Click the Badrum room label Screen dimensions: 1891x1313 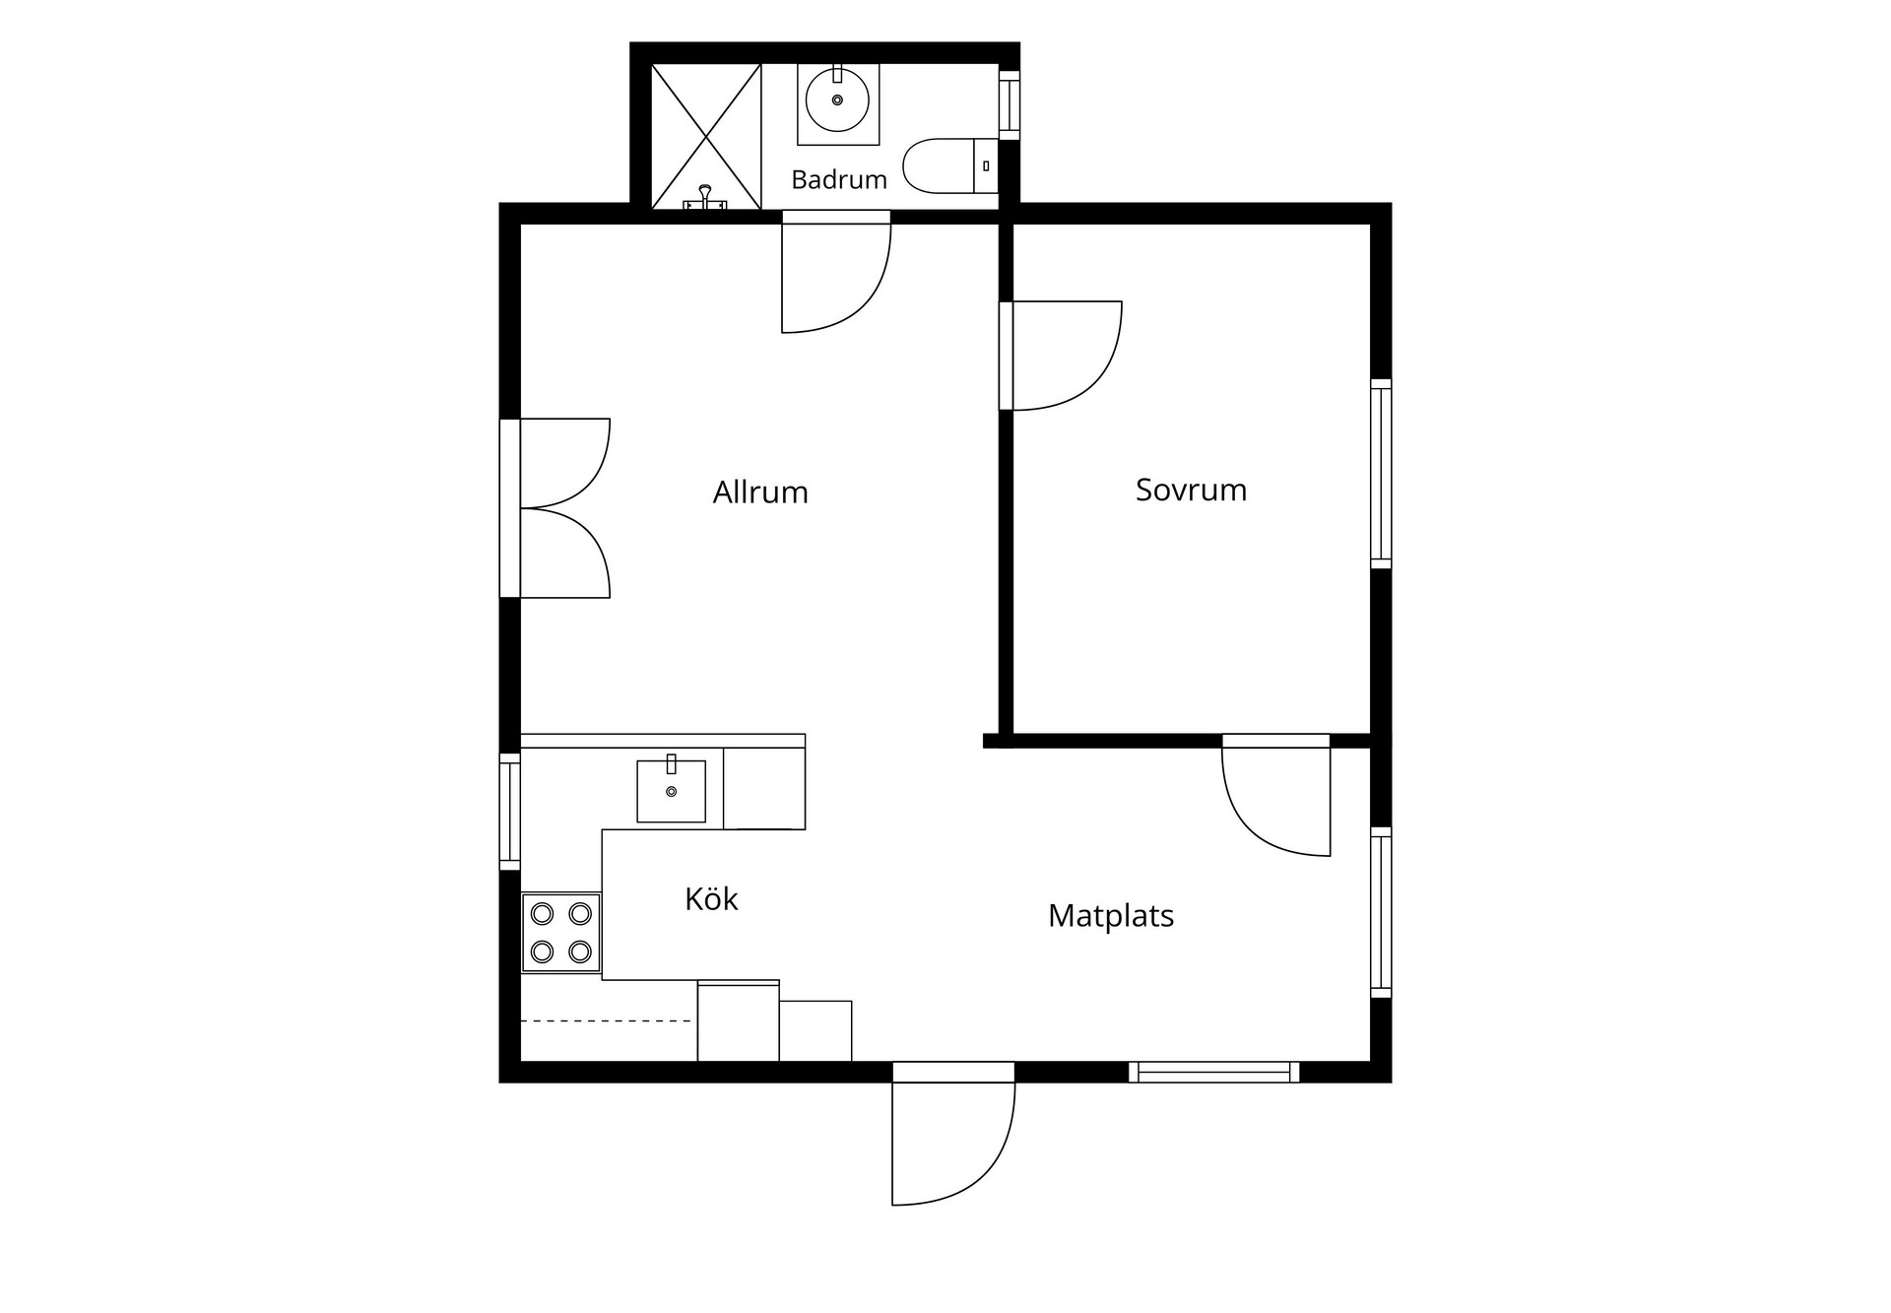[839, 179]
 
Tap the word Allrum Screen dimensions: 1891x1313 [760, 492]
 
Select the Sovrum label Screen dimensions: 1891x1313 [1191, 490]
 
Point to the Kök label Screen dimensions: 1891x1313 [711, 898]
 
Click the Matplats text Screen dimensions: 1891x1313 [1111, 915]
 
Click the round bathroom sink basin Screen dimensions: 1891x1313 [837, 99]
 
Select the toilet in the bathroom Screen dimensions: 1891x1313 [950, 165]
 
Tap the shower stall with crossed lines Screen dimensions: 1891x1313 [706, 137]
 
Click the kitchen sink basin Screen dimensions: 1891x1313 [671, 790]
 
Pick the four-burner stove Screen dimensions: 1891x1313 [560, 933]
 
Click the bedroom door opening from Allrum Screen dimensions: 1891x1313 [1061, 356]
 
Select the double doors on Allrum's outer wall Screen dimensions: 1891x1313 [555, 508]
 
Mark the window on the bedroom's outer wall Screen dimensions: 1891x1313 [1381, 474]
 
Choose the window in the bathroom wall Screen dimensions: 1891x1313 [1010, 104]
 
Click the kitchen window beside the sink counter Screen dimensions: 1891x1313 [509, 812]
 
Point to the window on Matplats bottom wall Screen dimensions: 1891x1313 [1213, 1072]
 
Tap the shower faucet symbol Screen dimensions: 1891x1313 [705, 198]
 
